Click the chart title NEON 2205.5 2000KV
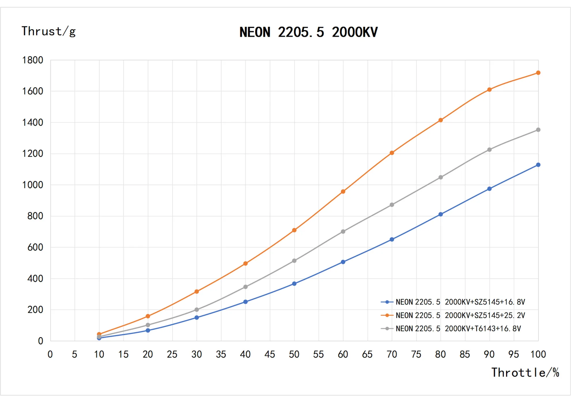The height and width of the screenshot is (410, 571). pyautogui.click(x=308, y=32)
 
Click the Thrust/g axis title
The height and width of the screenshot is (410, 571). pyautogui.click(x=48, y=31)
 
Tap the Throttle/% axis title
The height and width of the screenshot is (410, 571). pyautogui.click(x=525, y=372)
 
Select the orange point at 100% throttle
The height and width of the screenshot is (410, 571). pyautogui.click(x=538, y=73)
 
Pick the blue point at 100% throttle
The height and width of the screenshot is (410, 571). pyautogui.click(x=538, y=165)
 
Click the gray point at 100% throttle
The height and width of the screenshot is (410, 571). pyautogui.click(x=538, y=130)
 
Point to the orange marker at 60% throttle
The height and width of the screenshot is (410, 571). pyautogui.click(x=343, y=192)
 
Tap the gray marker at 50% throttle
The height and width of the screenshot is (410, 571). pyautogui.click(x=294, y=261)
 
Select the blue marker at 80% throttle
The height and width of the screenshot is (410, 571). pyautogui.click(x=441, y=214)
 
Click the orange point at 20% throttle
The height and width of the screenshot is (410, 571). pyautogui.click(x=148, y=316)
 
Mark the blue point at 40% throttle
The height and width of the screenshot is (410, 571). pyautogui.click(x=245, y=302)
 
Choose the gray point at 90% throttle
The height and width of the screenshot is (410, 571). pyautogui.click(x=489, y=150)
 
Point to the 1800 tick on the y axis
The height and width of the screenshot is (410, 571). pyautogui.click(x=33, y=60)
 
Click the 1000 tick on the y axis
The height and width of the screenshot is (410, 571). pyautogui.click(x=33, y=185)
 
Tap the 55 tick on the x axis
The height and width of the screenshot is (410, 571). pyautogui.click(x=319, y=354)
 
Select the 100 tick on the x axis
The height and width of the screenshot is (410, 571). pyautogui.click(x=538, y=354)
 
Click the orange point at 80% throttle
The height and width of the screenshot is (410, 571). pyautogui.click(x=441, y=120)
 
